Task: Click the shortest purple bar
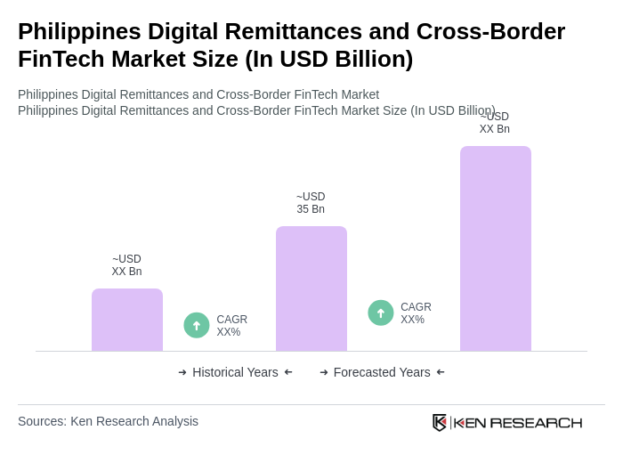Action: click(x=127, y=320)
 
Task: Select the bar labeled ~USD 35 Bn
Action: click(x=311, y=288)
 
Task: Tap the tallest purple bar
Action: click(x=496, y=248)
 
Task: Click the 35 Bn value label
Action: click(x=311, y=203)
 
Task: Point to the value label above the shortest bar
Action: click(x=126, y=265)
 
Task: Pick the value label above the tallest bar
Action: click(x=495, y=124)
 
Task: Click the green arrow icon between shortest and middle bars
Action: click(x=197, y=325)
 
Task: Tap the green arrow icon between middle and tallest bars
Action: click(x=381, y=313)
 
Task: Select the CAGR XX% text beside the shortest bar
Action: click(x=231, y=326)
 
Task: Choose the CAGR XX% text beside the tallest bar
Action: click(x=416, y=313)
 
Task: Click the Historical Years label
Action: click(x=235, y=372)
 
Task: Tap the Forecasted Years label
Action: click(x=382, y=372)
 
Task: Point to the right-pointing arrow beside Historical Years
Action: click(x=182, y=372)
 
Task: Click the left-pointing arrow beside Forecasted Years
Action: click(x=441, y=372)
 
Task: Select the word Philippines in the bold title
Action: click(x=78, y=31)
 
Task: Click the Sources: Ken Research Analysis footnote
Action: click(x=108, y=421)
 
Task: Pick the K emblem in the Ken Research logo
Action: click(x=440, y=422)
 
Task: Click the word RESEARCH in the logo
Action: click(x=536, y=422)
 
